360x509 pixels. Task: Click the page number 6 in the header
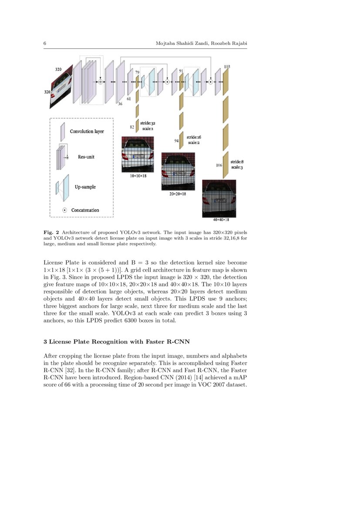point(45,44)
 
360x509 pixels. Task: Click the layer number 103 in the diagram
point(227,67)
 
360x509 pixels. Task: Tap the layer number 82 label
point(132,127)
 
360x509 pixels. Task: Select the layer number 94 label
point(177,141)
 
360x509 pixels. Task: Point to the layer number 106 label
point(219,165)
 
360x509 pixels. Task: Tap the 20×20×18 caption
point(178,194)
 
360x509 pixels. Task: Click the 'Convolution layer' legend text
point(87,131)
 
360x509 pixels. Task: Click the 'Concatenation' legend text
point(85,210)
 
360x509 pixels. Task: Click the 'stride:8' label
point(237,162)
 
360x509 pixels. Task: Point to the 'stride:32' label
point(148,123)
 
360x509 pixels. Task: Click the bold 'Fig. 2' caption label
point(51,232)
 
